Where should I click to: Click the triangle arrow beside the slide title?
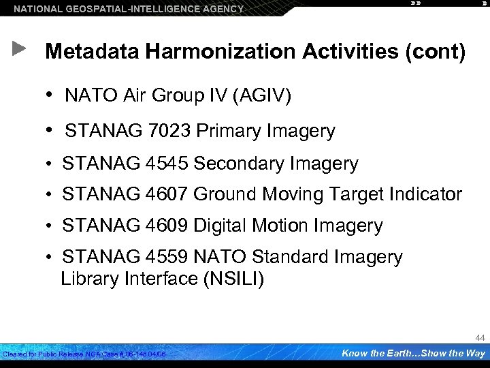19,48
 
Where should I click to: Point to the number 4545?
167,164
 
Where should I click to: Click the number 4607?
167,195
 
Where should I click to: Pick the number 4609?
167,226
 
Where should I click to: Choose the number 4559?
167,257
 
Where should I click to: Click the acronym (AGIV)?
262,97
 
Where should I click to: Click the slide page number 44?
480,338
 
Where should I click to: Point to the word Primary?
225,131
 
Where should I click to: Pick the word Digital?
221,226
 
